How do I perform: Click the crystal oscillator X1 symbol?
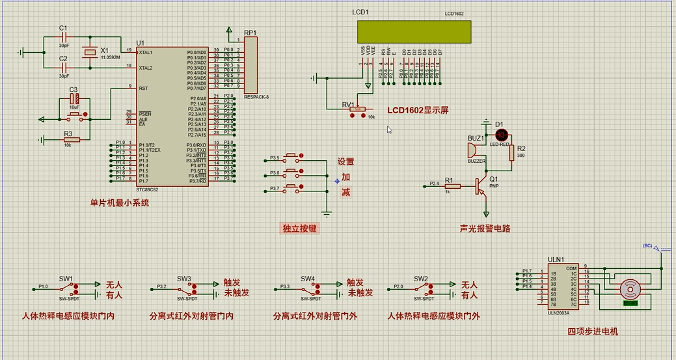89,52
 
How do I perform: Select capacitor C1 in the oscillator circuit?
64,37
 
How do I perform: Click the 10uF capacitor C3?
75,98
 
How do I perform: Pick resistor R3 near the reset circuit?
71,139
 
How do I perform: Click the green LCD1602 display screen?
413,31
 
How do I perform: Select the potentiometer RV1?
357,109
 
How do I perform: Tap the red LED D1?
501,135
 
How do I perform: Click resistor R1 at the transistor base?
452,186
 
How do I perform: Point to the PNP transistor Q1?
482,187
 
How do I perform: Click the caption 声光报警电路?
484,228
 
